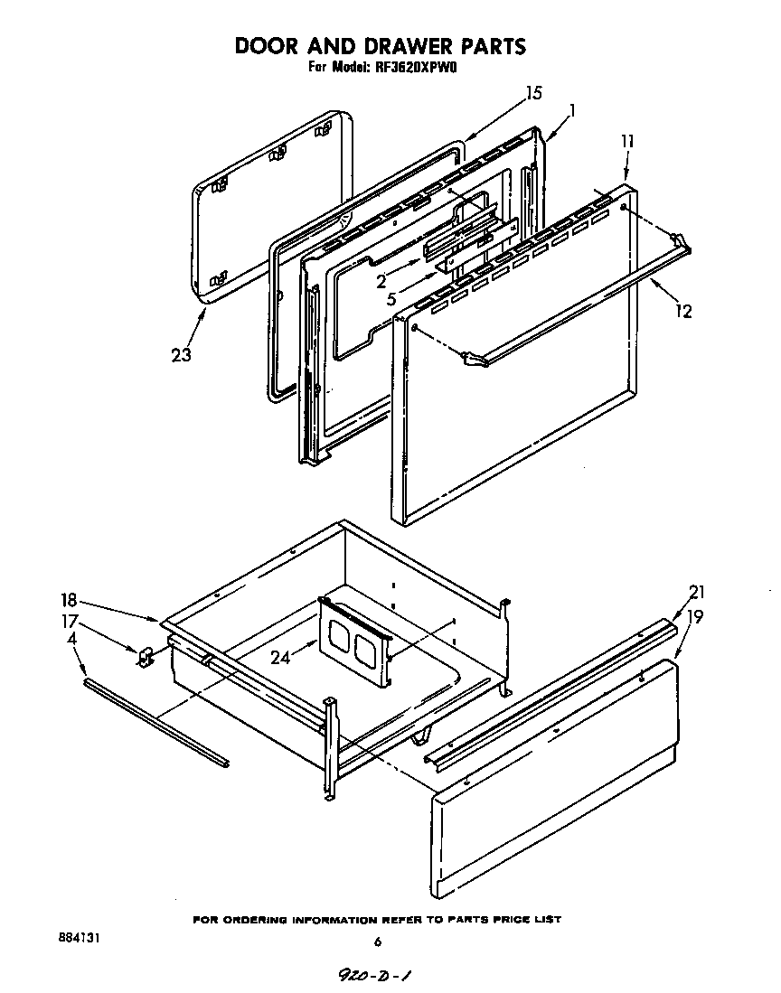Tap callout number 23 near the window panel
pyautogui.click(x=181, y=355)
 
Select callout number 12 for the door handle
pyautogui.click(x=683, y=312)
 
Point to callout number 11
pyautogui.click(x=627, y=142)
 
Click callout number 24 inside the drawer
pyautogui.click(x=280, y=658)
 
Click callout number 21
pyautogui.click(x=696, y=593)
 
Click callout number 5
pyautogui.click(x=390, y=298)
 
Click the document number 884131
pyautogui.click(x=76, y=939)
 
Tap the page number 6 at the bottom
pyautogui.click(x=378, y=943)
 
